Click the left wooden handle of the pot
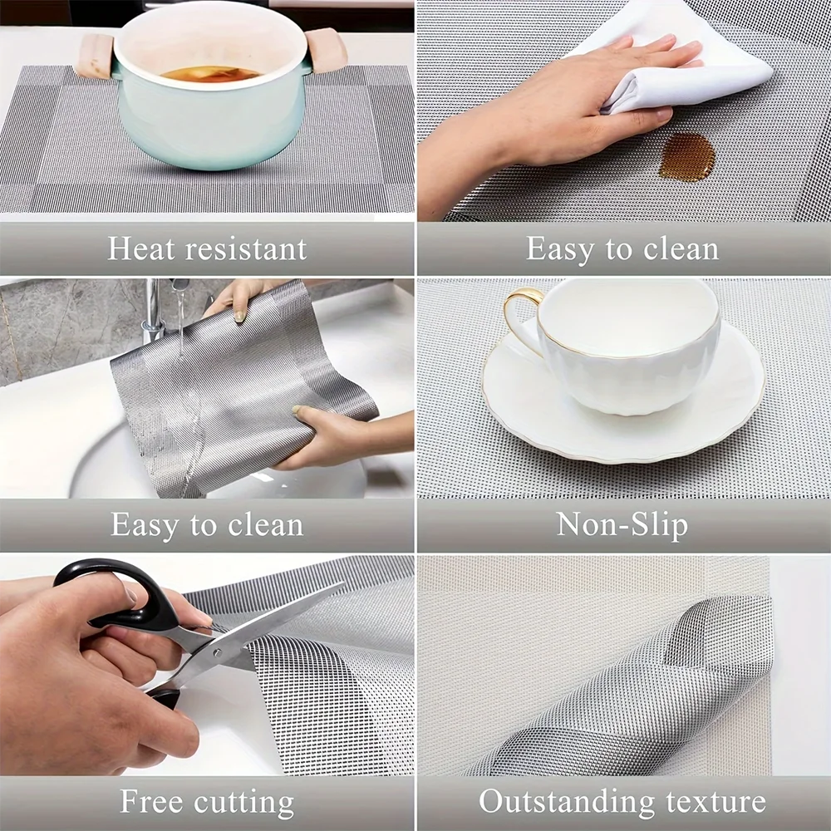(x=92, y=57)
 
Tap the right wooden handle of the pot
(x=327, y=50)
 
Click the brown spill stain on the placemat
(x=686, y=158)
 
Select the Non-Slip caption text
(x=622, y=524)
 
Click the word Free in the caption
(x=152, y=802)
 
